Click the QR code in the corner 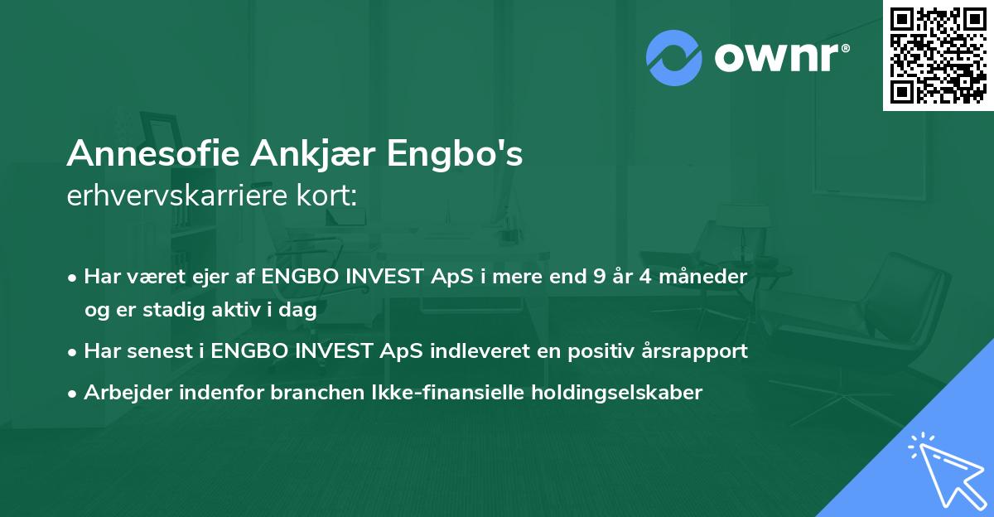point(938,56)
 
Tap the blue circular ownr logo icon point(673,57)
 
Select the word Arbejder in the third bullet point(120,393)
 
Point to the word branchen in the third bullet point(307,393)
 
